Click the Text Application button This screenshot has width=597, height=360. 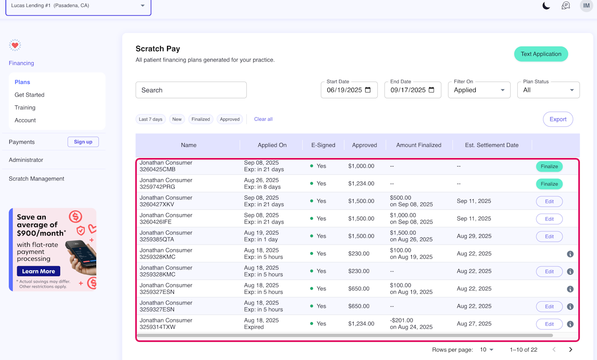541,54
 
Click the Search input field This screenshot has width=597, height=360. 191,90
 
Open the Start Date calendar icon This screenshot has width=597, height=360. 368,90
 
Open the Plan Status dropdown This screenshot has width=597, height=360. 548,90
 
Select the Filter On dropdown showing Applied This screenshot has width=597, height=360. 479,90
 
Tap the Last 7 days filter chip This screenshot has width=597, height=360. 151,119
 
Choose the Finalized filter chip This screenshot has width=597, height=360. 201,119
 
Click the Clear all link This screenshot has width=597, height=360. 264,119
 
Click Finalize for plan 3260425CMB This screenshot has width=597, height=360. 549,166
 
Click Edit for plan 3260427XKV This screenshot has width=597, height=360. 549,201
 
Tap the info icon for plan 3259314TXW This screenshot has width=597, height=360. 570,324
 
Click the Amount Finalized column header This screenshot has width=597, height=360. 419,145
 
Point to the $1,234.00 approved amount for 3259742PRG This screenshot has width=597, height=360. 361,184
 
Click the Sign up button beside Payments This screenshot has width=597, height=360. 83,142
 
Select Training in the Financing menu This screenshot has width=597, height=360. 25,107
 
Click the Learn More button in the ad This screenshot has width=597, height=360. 39,271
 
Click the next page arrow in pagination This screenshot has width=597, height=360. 570,349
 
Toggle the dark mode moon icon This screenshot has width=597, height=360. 546,6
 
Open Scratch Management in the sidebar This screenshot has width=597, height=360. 36,179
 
